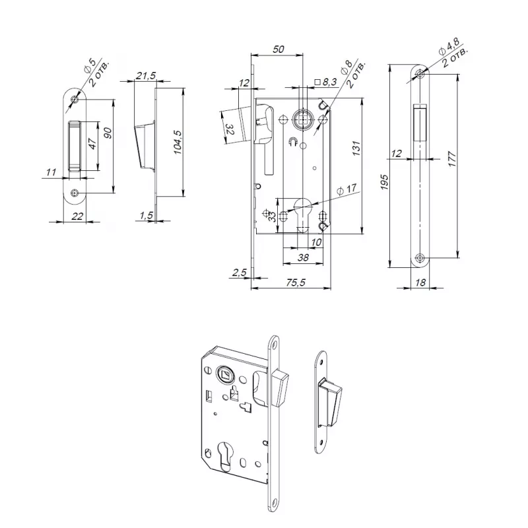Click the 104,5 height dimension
(x=178, y=142)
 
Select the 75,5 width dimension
(x=295, y=282)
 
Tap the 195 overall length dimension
(x=384, y=182)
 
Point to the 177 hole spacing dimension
(x=452, y=159)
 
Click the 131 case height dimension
(x=356, y=148)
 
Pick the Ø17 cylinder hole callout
(x=346, y=190)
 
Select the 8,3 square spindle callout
(x=325, y=82)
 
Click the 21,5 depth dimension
(x=145, y=75)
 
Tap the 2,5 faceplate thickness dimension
(x=239, y=272)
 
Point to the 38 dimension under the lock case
(x=303, y=257)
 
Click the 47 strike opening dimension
(x=92, y=143)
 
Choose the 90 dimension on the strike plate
(x=108, y=133)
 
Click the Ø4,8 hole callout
(x=449, y=46)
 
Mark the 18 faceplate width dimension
(x=420, y=282)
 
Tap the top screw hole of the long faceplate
(x=420, y=73)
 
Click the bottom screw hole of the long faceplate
(x=420, y=258)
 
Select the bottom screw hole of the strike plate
(x=75, y=193)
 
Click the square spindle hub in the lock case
(x=303, y=120)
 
